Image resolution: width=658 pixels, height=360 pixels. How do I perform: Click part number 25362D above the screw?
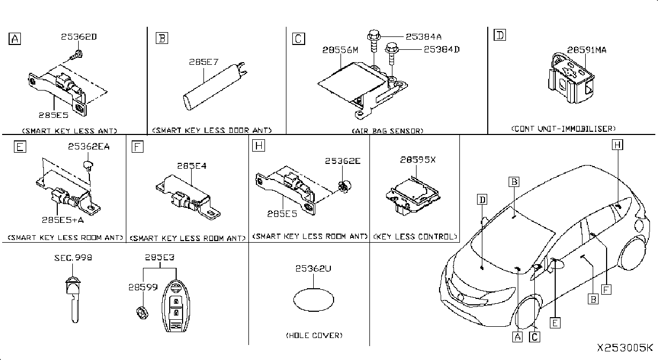pyautogui.click(x=79, y=37)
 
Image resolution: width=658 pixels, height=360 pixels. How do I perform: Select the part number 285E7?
pyautogui.click(x=203, y=62)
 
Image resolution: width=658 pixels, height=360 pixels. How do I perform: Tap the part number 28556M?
pyautogui.click(x=340, y=50)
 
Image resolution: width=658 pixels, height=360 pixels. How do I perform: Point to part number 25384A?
pyautogui.click(x=423, y=37)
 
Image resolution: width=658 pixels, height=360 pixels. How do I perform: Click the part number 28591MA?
pyautogui.click(x=586, y=50)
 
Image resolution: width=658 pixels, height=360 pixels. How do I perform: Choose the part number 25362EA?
pyautogui.click(x=89, y=146)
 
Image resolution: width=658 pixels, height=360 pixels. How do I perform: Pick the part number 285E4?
pyautogui.click(x=192, y=166)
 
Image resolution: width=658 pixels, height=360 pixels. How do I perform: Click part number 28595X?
pyautogui.click(x=418, y=160)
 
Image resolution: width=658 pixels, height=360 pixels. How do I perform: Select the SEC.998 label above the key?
pyautogui.click(x=73, y=258)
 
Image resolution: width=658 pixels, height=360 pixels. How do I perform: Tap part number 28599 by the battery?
pyautogui.click(x=143, y=287)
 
